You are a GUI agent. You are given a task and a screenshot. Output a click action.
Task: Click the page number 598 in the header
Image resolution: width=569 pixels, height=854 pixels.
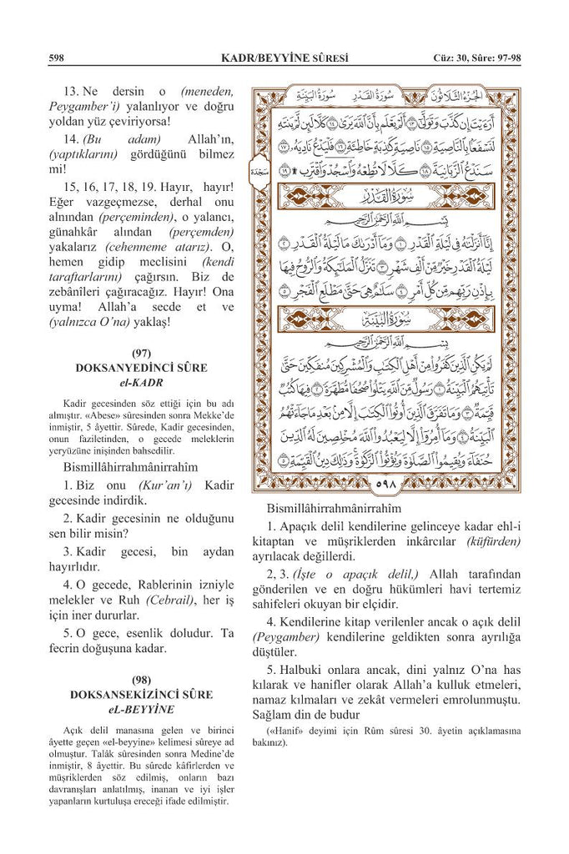pos(57,58)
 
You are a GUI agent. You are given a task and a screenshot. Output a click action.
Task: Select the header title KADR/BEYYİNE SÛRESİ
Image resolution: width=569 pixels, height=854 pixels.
pos(283,58)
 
